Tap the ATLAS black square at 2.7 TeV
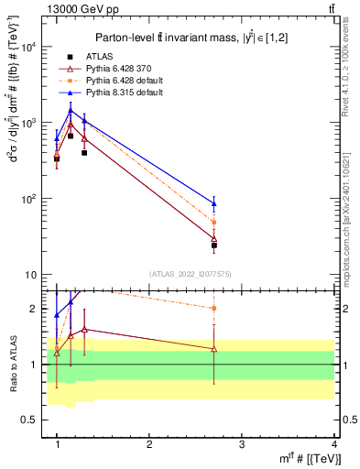(214, 245)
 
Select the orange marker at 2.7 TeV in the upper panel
(214, 223)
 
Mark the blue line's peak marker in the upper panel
(71, 111)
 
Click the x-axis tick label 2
(149, 444)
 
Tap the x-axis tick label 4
(334, 444)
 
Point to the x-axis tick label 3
(242, 444)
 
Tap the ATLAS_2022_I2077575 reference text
(190, 274)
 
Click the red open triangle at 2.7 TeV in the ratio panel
(214, 349)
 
